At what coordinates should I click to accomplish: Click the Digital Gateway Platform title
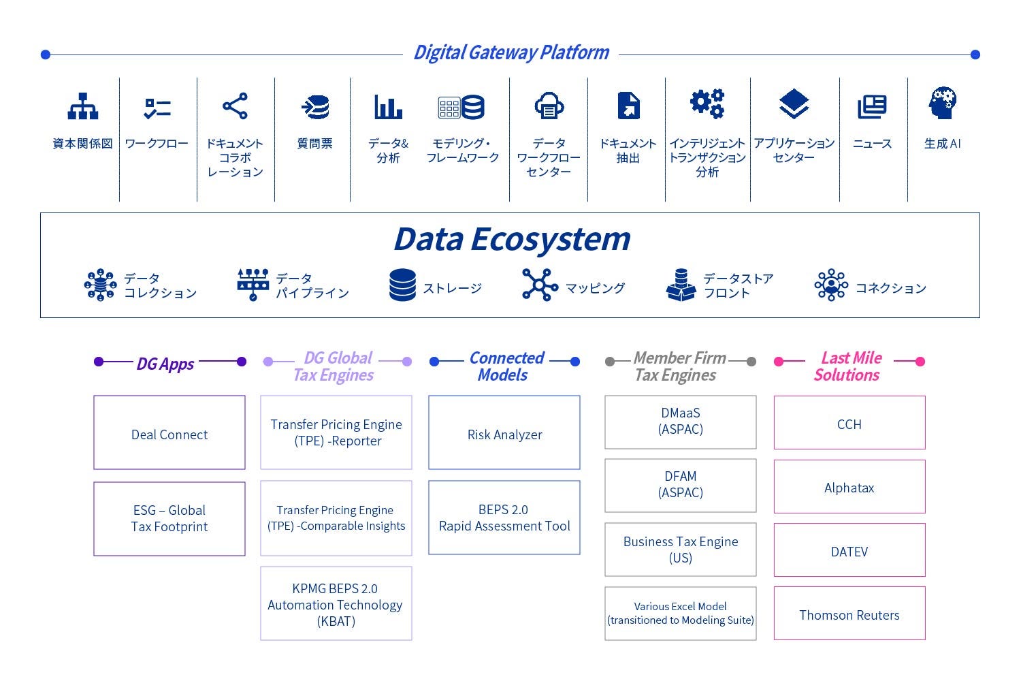(511, 53)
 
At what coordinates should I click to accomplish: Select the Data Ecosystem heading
(511, 239)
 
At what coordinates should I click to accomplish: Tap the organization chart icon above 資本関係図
(83, 106)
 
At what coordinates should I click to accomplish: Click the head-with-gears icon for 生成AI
(942, 104)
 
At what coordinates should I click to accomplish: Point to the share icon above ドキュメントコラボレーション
(235, 106)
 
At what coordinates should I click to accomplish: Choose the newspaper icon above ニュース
(872, 106)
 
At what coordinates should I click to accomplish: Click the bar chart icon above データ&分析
(388, 106)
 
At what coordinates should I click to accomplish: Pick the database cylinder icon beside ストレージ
(402, 285)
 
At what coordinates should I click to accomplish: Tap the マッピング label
(595, 288)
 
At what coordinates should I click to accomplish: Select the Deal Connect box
(169, 432)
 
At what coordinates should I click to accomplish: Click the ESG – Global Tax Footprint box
(169, 518)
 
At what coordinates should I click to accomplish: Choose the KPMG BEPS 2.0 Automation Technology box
(336, 604)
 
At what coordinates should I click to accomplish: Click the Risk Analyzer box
(504, 432)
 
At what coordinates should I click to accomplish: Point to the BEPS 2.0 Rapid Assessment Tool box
(504, 518)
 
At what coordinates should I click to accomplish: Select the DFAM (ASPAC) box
(681, 485)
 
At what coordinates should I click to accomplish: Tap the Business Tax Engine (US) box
(681, 550)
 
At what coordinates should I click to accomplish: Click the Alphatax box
(849, 487)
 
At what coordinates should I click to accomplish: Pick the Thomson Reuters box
(849, 614)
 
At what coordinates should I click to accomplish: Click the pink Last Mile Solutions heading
(849, 366)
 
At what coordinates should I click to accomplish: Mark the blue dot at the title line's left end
(46, 54)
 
